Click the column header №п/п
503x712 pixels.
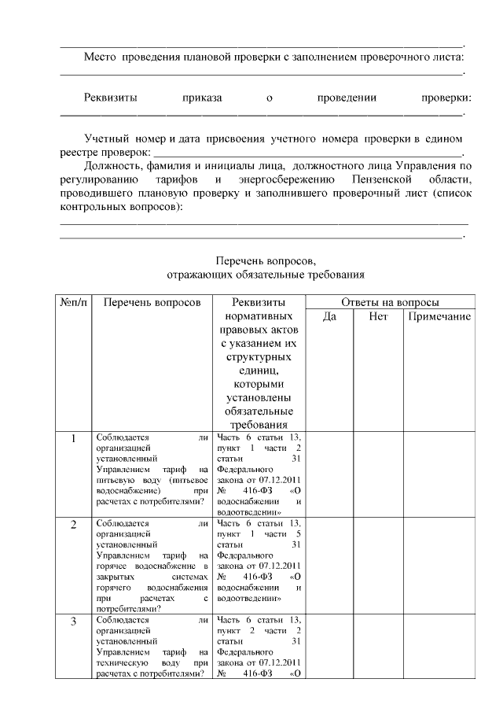point(73,302)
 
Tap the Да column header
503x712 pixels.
point(329,317)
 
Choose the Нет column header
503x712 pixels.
point(378,317)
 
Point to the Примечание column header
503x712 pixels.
point(439,317)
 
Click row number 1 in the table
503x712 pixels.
point(73,439)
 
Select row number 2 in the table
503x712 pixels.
point(73,525)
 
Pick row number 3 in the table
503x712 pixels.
point(73,622)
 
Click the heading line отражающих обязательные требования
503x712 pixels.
point(266,275)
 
